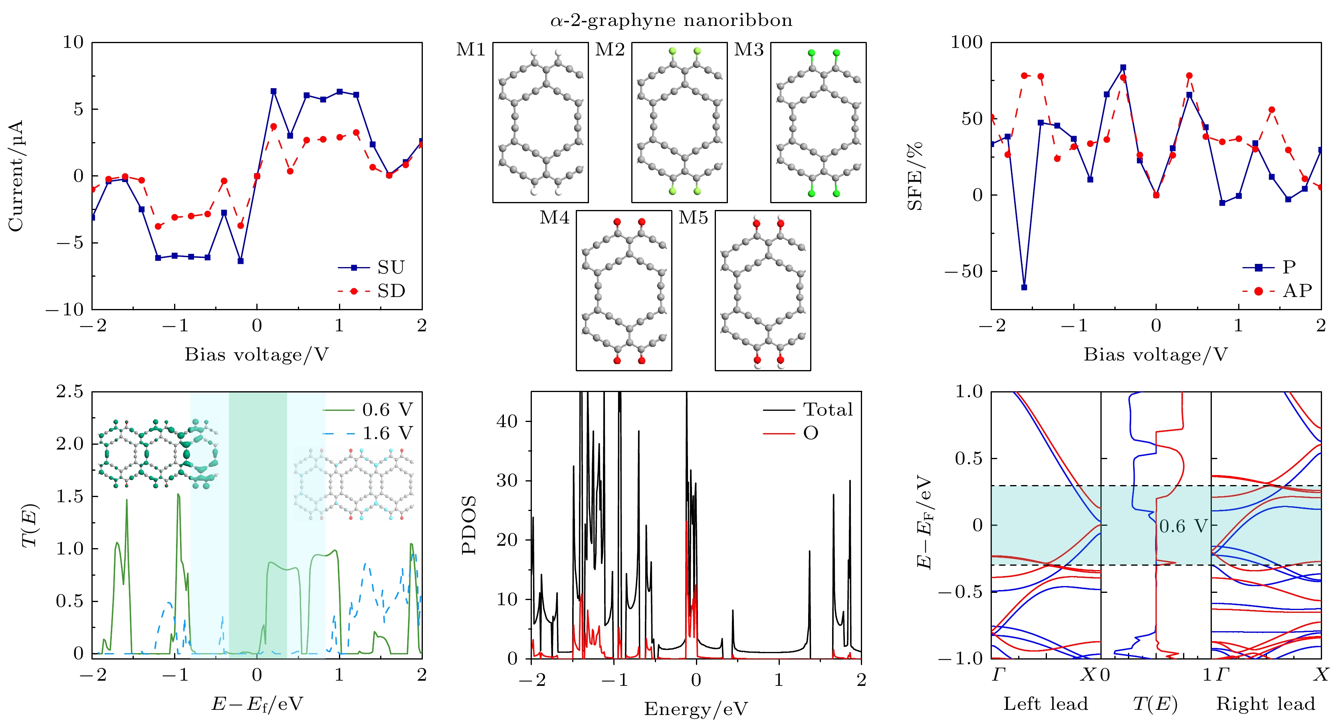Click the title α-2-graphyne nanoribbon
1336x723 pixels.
[x=671, y=21]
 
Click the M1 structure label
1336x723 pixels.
[x=470, y=50]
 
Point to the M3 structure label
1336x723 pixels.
[x=748, y=50]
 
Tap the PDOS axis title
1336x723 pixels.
[x=469, y=525]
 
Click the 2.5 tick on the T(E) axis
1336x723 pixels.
[x=69, y=392]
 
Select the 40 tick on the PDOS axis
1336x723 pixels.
[x=507, y=421]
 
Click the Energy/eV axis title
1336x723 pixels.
[x=696, y=709]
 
